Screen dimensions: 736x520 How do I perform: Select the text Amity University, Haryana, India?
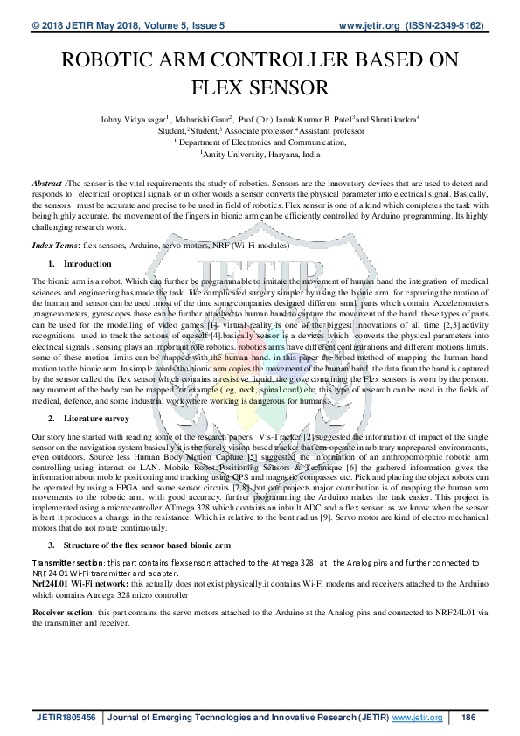click(x=261, y=152)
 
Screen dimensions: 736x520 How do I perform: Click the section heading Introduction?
click(x=88, y=263)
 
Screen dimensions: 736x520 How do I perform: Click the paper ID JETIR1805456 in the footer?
click(x=66, y=718)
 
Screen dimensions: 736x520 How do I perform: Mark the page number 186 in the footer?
click(x=468, y=718)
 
